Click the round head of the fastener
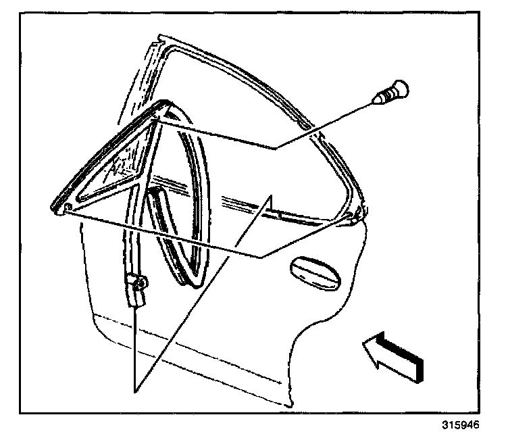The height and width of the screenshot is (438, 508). click(x=401, y=89)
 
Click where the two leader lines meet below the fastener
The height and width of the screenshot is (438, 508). click(x=275, y=147)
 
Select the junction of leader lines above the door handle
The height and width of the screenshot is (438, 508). click(x=262, y=255)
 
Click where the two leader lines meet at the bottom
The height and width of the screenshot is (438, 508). click(x=136, y=391)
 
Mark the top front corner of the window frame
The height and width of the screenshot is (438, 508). click(x=159, y=41)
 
